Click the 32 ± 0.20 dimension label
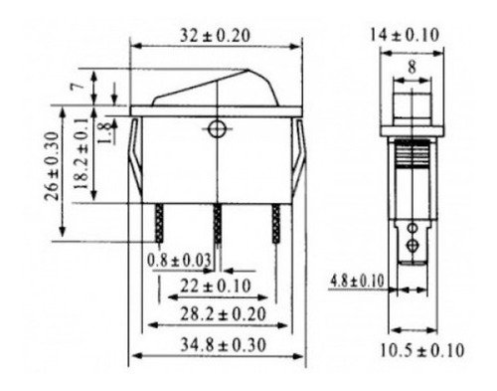[x=215, y=36]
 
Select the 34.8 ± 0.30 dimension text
[x=223, y=345]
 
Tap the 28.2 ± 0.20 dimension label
[x=223, y=314]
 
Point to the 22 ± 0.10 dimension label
[x=216, y=286]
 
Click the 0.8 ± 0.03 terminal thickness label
[x=179, y=260]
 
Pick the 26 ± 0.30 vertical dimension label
[x=53, y=166]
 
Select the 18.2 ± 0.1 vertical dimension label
[x=82, y=154]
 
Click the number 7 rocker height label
[x=78, y=87]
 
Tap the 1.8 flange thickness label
[x=105, y=132]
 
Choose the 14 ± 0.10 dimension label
[x=405, y=35]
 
